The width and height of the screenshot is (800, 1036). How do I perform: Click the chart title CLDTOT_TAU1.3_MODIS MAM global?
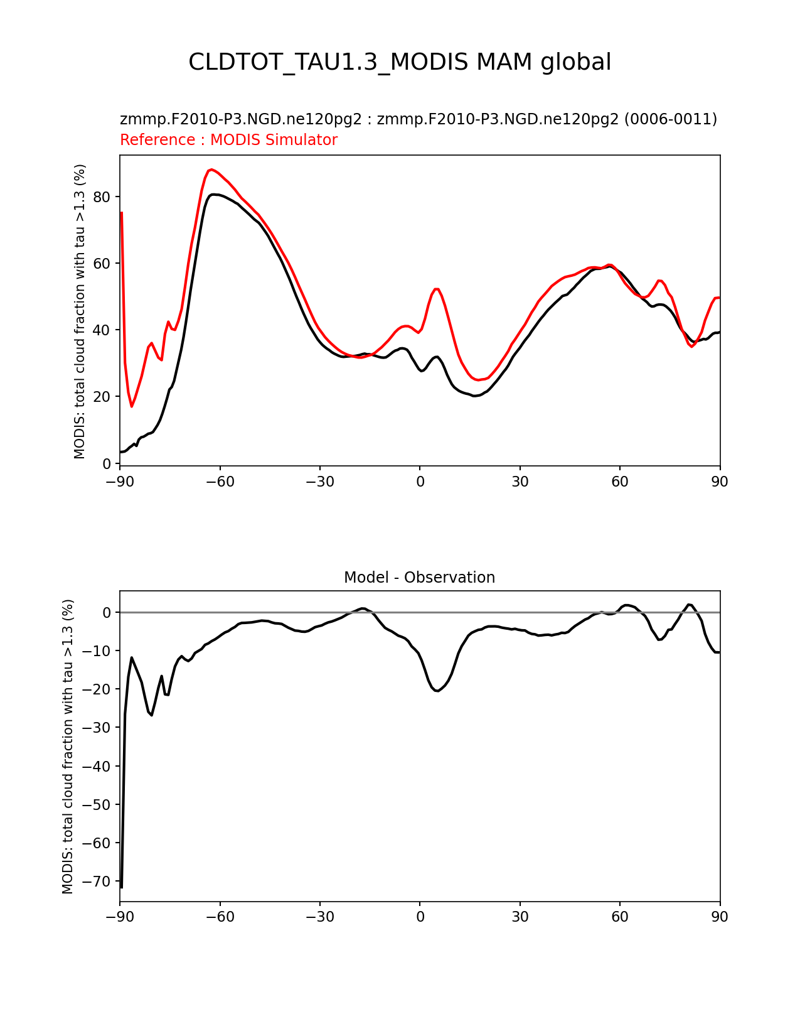pos(400,62)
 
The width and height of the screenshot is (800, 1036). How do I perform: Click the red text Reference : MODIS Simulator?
pos(228,140)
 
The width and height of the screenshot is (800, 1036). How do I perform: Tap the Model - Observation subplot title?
pos(419,578)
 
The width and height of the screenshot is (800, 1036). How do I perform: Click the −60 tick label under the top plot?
pos(220,482)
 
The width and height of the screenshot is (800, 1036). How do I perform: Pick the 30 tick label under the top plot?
pos(520,482)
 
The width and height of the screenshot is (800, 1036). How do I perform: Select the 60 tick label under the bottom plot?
pos(619,917)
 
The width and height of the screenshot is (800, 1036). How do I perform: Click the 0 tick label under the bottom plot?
pos(420,917)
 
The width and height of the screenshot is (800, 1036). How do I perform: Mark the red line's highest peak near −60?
pos(211,170)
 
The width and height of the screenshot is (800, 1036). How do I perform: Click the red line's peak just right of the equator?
pos(437,289)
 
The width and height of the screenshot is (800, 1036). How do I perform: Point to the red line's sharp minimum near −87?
pos(132,406)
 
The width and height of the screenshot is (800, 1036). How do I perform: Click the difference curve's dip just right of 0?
pos(437,691)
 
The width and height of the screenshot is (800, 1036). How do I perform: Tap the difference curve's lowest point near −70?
pos(121,887)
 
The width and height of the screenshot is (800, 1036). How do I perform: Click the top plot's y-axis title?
pos(80,311)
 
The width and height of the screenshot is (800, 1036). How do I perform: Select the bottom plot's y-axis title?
pos(68,746)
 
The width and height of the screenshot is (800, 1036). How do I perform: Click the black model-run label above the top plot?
pos(418,119)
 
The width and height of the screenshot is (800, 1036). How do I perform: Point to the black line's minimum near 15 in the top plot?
pos(474,396)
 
